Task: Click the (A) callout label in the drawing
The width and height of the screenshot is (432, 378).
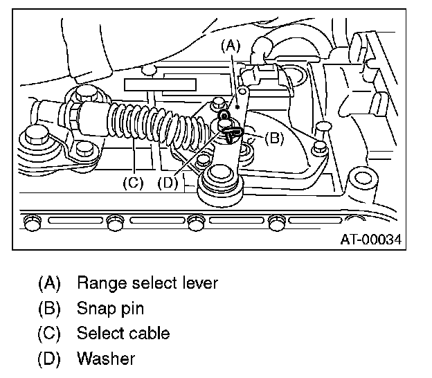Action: coord(230,46)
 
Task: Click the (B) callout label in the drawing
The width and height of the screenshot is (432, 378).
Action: coord(273,138)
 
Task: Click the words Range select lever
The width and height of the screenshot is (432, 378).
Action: coord(147,283)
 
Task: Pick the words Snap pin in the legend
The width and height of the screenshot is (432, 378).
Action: coord(110,309)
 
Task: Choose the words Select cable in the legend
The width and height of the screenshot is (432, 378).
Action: coord(123,334)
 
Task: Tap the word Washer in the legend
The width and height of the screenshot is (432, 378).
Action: coord(105,359)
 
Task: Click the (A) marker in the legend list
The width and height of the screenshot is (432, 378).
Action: coord(49,283)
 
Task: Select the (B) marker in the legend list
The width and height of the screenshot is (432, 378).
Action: coord(49,309)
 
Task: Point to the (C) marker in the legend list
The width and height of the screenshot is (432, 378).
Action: coord(49,334)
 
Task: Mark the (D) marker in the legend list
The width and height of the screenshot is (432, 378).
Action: coord(49,359)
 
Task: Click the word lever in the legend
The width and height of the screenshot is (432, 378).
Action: coord(200,283)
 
